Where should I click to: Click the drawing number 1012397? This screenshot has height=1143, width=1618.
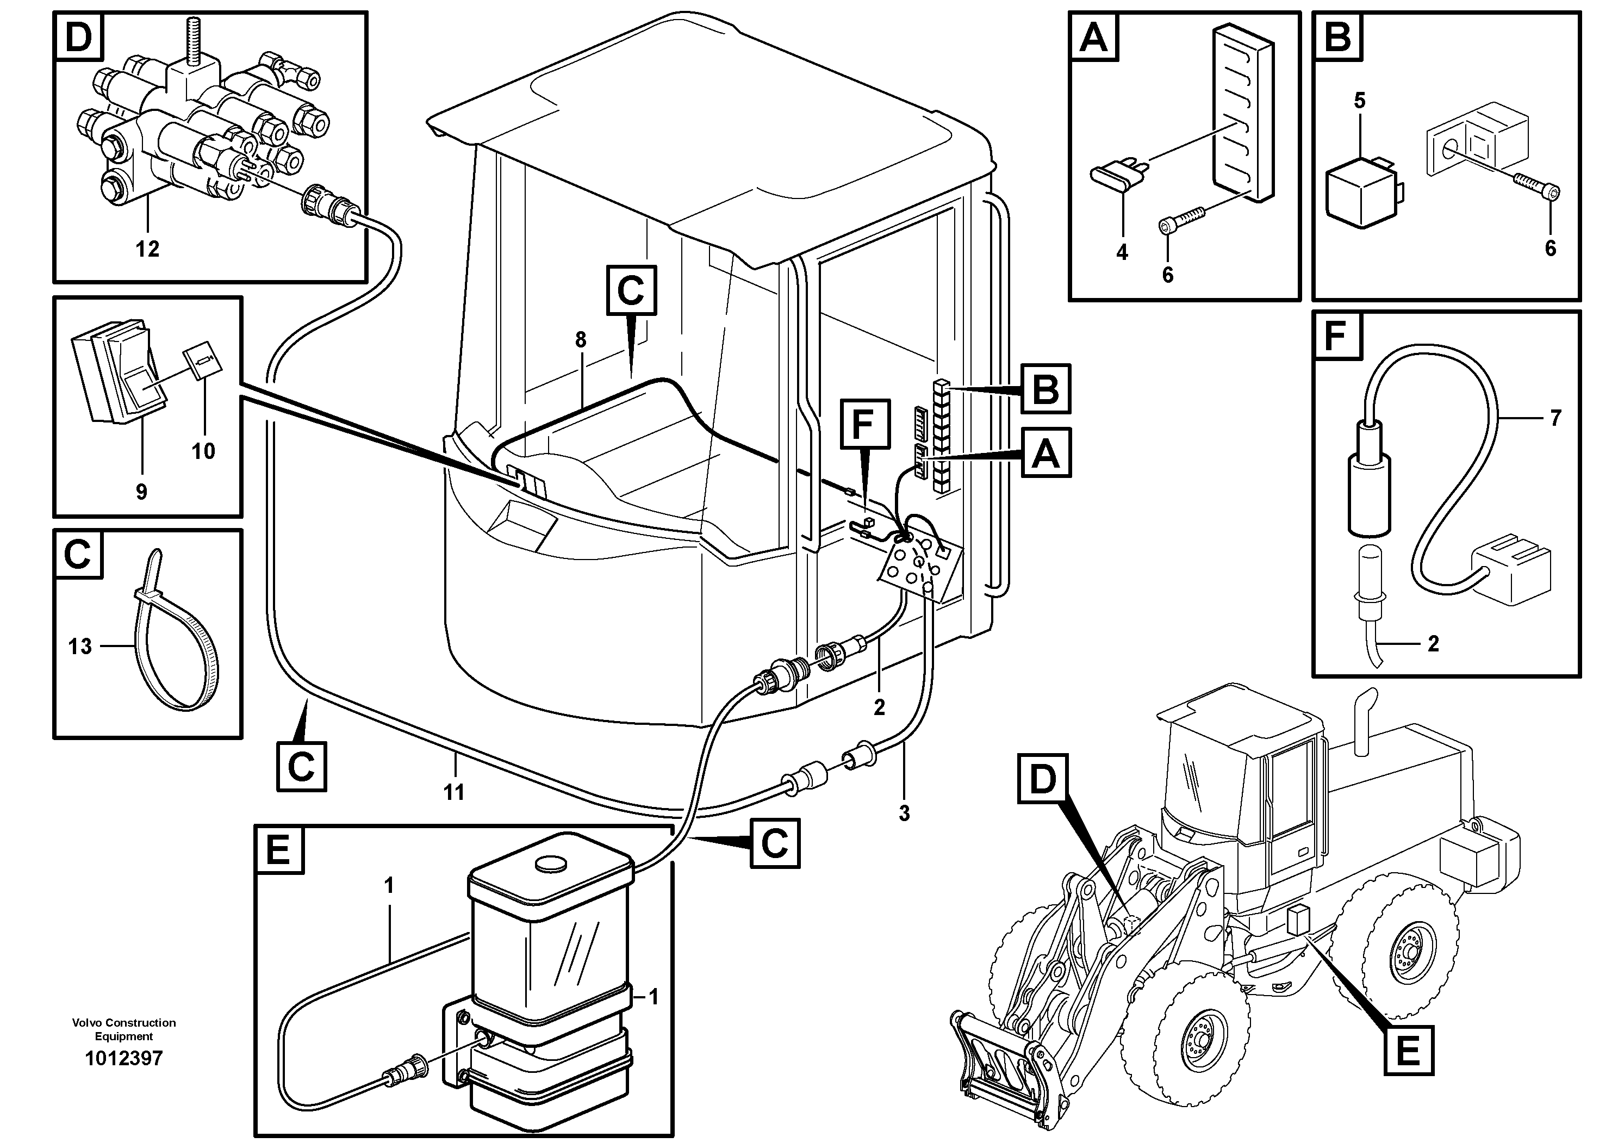click(x=123, y=1058)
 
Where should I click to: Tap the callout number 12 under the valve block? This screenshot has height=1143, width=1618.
click(x=147, y=249)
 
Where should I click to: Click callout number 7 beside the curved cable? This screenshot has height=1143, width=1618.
click(x=1556, y=418)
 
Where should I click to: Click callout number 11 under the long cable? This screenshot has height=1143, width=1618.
click(x=454, y=792)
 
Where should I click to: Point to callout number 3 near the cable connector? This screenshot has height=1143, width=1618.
click(x=904, y=813)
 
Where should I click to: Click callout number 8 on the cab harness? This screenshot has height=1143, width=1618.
click(x=581, y=340)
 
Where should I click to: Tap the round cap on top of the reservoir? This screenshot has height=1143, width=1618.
click(x=550, y=864)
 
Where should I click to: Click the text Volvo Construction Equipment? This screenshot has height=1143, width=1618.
click(x=123, y=1029)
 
